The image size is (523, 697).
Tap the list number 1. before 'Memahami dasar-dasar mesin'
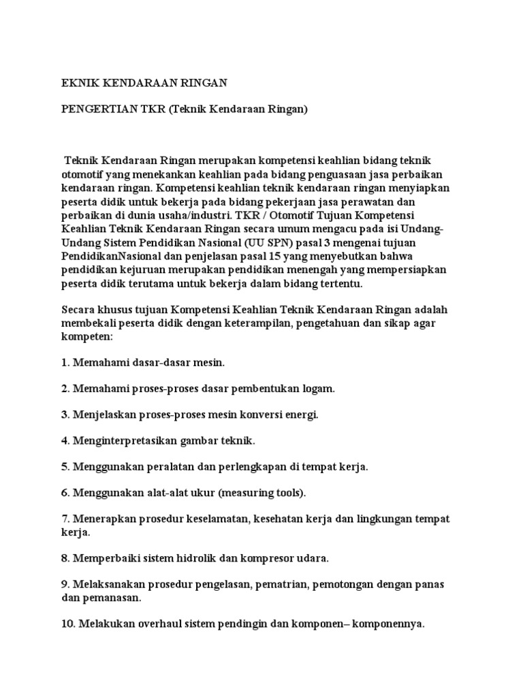(x=66, y=363)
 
